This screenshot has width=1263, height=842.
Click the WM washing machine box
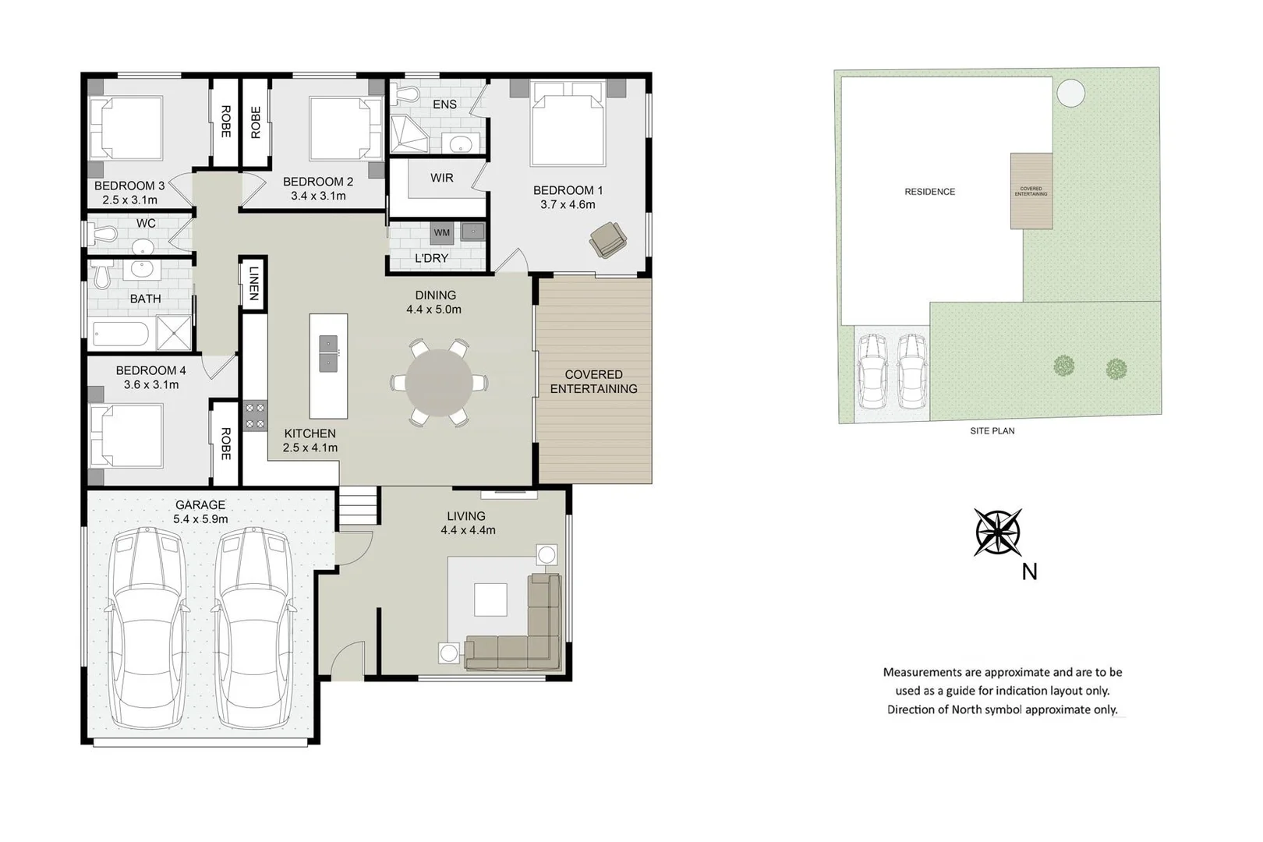441,232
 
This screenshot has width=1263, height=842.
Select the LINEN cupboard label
253,283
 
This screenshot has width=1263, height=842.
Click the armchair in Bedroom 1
607,239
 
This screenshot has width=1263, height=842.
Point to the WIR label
441,178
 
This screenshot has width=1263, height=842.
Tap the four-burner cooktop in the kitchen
255,415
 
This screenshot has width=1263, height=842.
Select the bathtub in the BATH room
120,334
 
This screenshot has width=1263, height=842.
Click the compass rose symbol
998,532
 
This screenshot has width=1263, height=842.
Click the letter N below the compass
1029,572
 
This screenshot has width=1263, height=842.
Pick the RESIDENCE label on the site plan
929,192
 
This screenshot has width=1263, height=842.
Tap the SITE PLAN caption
992,430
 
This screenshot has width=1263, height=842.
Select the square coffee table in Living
490,599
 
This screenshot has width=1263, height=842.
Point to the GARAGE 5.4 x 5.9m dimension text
200,518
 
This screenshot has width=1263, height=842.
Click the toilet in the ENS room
402,94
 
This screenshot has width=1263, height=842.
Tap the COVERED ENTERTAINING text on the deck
593,382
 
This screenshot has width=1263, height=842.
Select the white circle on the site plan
1070,93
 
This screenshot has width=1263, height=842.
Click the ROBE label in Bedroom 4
225,443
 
